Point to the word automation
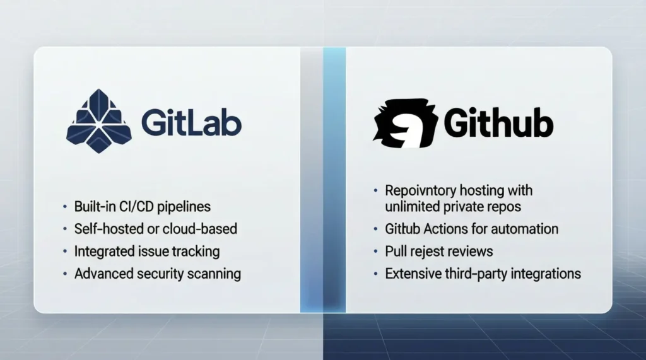click(x=527, y=229)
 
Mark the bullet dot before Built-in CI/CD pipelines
click(x=64, y=207)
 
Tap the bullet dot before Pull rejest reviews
click(x=375, y=252)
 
